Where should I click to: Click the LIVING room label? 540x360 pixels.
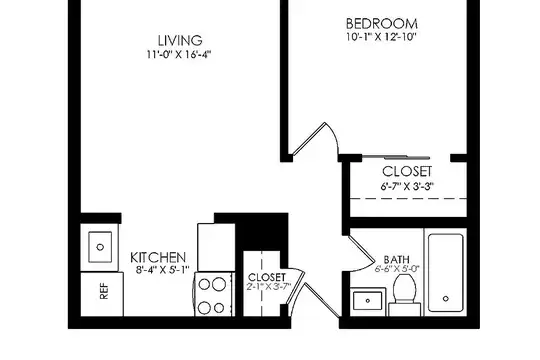coord(180,40)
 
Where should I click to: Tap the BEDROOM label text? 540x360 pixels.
coord(382,24)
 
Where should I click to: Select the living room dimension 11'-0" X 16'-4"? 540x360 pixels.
coord(178,54)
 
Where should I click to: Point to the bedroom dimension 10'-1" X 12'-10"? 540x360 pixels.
coord(381,37)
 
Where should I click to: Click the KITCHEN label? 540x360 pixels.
coord(158,258)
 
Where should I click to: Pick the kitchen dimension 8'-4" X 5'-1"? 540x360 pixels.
coord(163,269)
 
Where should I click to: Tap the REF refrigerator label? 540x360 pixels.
coord(104,291)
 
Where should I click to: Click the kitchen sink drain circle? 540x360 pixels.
coord(100,247)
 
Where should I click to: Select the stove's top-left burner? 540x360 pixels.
coord(204,284)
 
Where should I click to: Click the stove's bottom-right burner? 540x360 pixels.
coord(219,308)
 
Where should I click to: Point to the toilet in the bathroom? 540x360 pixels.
coord(404,296)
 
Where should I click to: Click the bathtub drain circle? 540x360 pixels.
coord(446,299)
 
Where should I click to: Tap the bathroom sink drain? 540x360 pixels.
coord(368,301)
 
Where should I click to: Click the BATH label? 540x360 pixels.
coord(397,259)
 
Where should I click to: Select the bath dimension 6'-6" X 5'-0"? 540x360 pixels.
coord(397,269)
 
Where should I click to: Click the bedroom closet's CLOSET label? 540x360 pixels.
coord(407,172)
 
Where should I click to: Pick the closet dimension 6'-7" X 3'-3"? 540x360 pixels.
coord(407,186)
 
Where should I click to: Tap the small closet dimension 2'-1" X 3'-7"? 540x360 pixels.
coord(269,286)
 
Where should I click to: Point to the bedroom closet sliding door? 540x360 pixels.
coord(396,157)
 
